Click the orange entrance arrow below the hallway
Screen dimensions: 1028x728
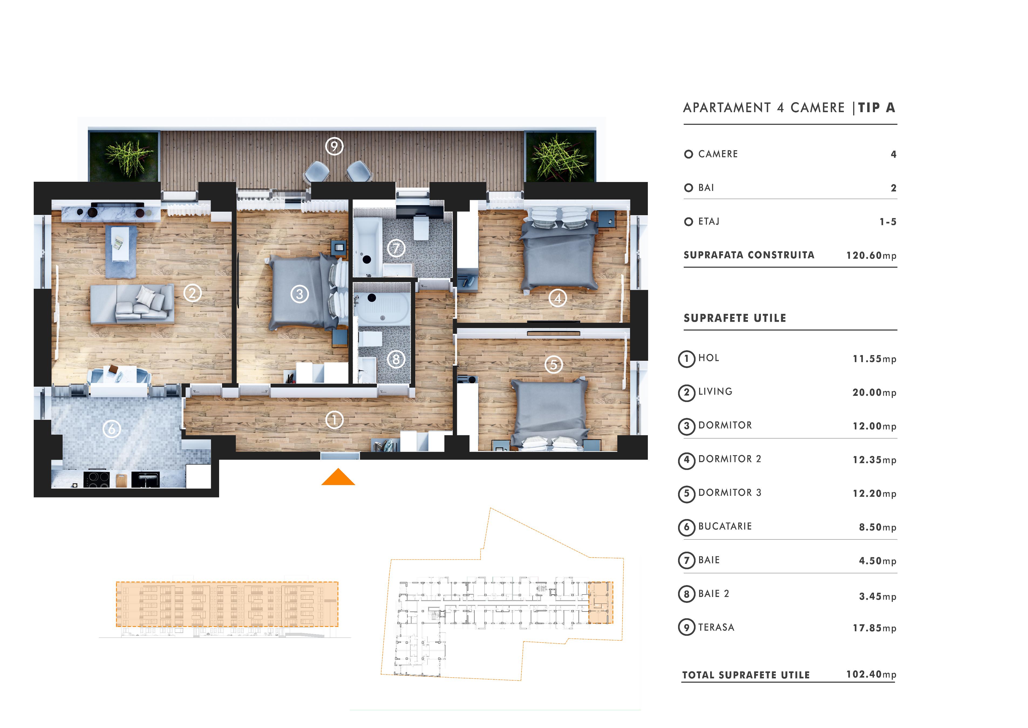pyautogui.click(x=338, y=478)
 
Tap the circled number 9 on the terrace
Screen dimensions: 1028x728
pyautogui.click(x=334, y=146)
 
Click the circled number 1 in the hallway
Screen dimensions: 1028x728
pyautogui.click(x=334, y=420)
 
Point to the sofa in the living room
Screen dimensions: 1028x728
pyautogui.click(x=132, y=304)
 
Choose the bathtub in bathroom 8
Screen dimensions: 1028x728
pyautogui.click(x=382, y=308)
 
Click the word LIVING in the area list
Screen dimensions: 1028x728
pyautogui.click(x=715, y=392)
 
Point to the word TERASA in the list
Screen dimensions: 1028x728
pyautogui.click(x=716, y=628)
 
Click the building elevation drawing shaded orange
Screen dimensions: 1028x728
pyautogui.click(x=227, y=604)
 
